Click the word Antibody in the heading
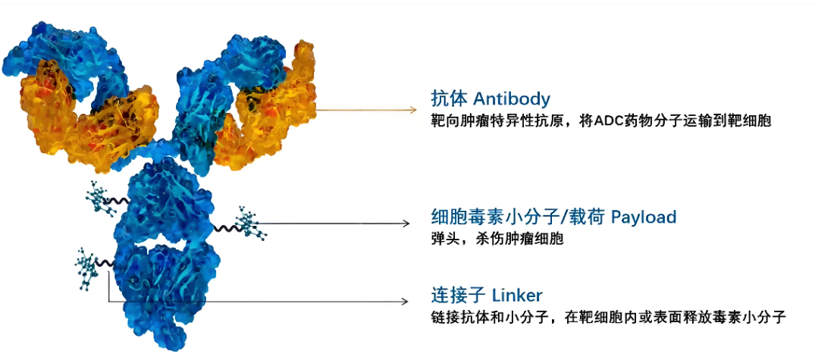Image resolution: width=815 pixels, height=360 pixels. coord(512,99)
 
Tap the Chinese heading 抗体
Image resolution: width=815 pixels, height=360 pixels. coord(449,99)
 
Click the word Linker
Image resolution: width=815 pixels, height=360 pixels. coord(516,296)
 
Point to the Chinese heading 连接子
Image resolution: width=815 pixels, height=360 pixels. coord(458,296)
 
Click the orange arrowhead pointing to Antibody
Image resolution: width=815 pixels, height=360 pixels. coord(413,110)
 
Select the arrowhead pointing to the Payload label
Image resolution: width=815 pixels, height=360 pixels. coord(406,224)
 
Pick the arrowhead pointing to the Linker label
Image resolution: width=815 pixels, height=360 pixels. coord(406,302)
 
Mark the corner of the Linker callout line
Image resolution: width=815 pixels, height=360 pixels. coord(108,302)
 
